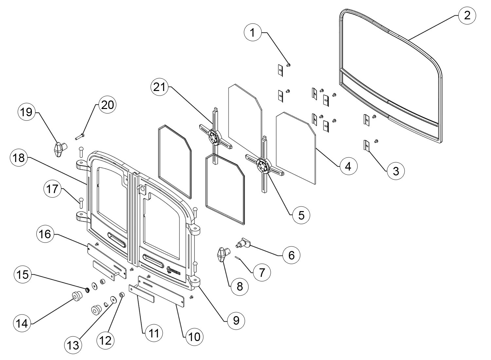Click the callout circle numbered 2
point(467,15)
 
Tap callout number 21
point(160,88)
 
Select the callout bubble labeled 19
point(27,112)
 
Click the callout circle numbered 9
point(236,320)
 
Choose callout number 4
point(348,167)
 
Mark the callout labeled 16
point(45,235)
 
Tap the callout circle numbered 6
point(291,255)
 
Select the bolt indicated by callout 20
point(80,135)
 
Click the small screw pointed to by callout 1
point(288,65)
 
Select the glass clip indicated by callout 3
point(367,146)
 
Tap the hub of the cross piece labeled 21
point(213,137)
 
